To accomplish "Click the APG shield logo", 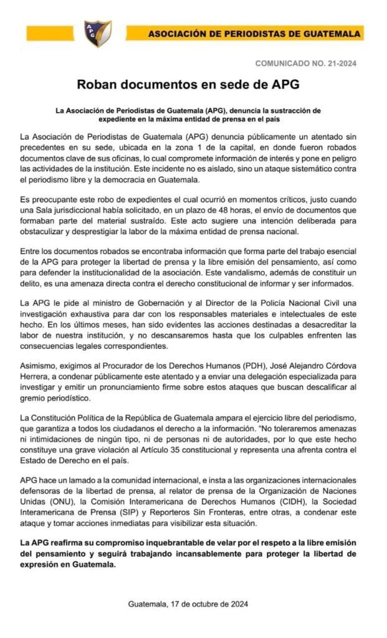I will (98, 33).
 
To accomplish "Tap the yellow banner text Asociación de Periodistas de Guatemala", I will (254, 33).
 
